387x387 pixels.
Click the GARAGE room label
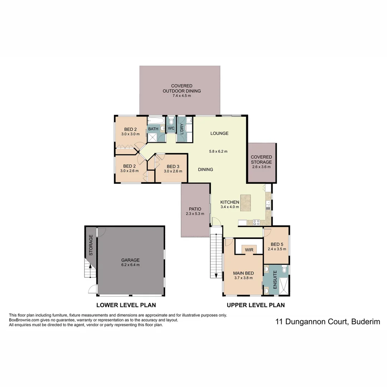[x=130, y=260]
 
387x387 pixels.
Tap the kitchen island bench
[x=246, y=203]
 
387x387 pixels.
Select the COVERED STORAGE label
[x=261, y=159]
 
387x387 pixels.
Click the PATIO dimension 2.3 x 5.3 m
[x=195, y=214]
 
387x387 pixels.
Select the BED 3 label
[x=173, y=167]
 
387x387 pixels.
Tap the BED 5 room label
[x=277, y=245]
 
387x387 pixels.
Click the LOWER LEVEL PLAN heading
[x=126, y=305]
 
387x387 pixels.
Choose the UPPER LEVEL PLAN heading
[x=255, y=305]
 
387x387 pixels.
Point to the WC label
[x=171, y=128]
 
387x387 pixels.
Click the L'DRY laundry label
[x=182, y=129]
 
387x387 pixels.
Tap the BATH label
[x=153, y=129]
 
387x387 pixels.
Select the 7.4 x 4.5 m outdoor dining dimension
[x=182, y=96]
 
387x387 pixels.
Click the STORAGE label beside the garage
[x=91, y=245]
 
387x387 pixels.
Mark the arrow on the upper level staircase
[x=216, y=275]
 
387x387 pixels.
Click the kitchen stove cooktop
[x=257, y=222]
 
